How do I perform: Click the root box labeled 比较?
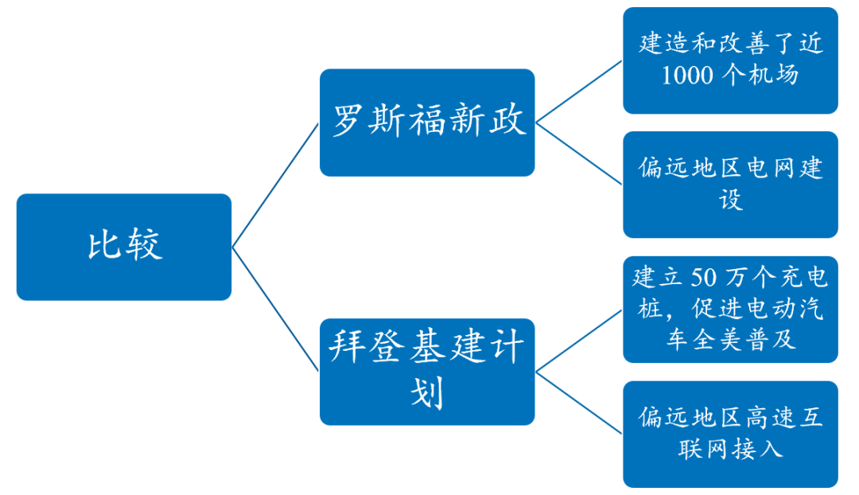tap(123, 247)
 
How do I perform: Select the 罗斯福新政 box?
tap(427, 122)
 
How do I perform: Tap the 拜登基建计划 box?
tap(427, 371)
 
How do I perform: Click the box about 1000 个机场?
tap(729, 60)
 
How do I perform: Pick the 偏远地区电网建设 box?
tap(729, 184)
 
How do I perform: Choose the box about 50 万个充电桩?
tap(729, 309)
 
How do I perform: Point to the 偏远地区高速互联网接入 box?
tap(729, 434)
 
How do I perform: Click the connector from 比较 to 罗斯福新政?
tap(276, 185)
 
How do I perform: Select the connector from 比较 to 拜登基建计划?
tap(276, 309)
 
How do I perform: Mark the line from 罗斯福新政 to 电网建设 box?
tap(578, 154)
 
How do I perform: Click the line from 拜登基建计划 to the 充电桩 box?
tap(578, 340)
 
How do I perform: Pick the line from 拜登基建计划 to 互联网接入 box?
tap(578, 403)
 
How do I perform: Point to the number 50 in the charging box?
tap(683, 278)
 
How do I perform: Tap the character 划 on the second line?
tap(427, 393)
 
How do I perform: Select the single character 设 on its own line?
tap(730, 199)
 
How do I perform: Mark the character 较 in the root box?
tap(143, 247)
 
